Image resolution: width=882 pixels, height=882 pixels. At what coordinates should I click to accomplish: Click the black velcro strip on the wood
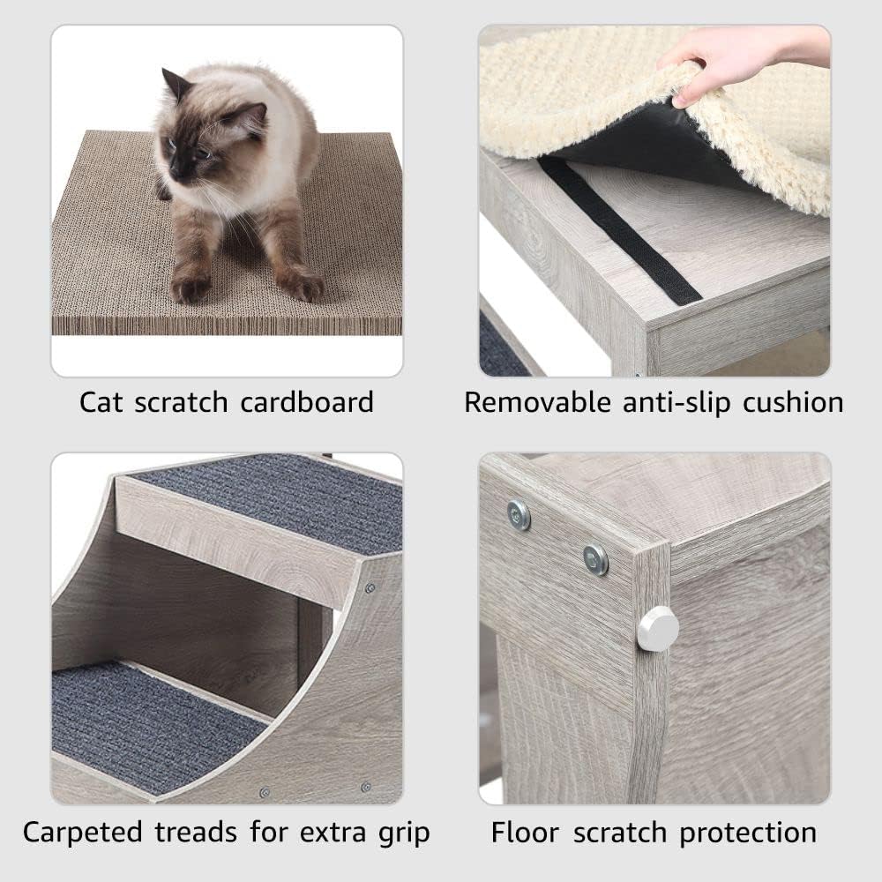[x=617, y=229]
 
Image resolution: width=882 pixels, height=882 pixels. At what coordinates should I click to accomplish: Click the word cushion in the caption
[x=793, y=403]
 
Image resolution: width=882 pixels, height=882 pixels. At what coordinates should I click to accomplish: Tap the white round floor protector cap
[x=658, y=629]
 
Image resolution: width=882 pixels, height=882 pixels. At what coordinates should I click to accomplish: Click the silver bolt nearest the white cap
[x=595, y=558]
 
